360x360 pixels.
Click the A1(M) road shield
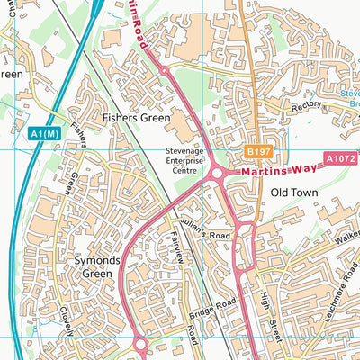(43, 134)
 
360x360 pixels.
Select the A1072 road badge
(339, 158)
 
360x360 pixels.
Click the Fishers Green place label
(134, 117)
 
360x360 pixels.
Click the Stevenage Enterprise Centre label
(184, 161)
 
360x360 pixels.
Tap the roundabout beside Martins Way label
(217, 173)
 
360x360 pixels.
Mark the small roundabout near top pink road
(164, 70)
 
